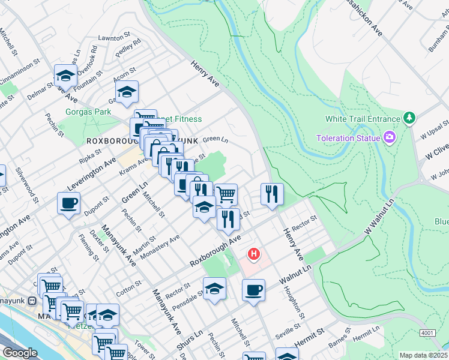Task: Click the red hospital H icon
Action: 254,254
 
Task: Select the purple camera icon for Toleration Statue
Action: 391,138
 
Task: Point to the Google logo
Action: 20,353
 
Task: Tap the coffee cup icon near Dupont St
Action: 68,202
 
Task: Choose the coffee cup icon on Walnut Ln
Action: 253,290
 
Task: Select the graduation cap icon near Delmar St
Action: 65,75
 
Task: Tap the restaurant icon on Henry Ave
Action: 272,193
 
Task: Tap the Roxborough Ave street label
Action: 215,251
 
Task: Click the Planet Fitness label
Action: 180,119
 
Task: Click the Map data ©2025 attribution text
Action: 423,355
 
